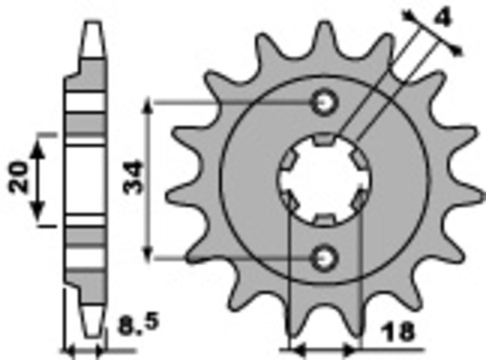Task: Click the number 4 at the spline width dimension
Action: [443, 18]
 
